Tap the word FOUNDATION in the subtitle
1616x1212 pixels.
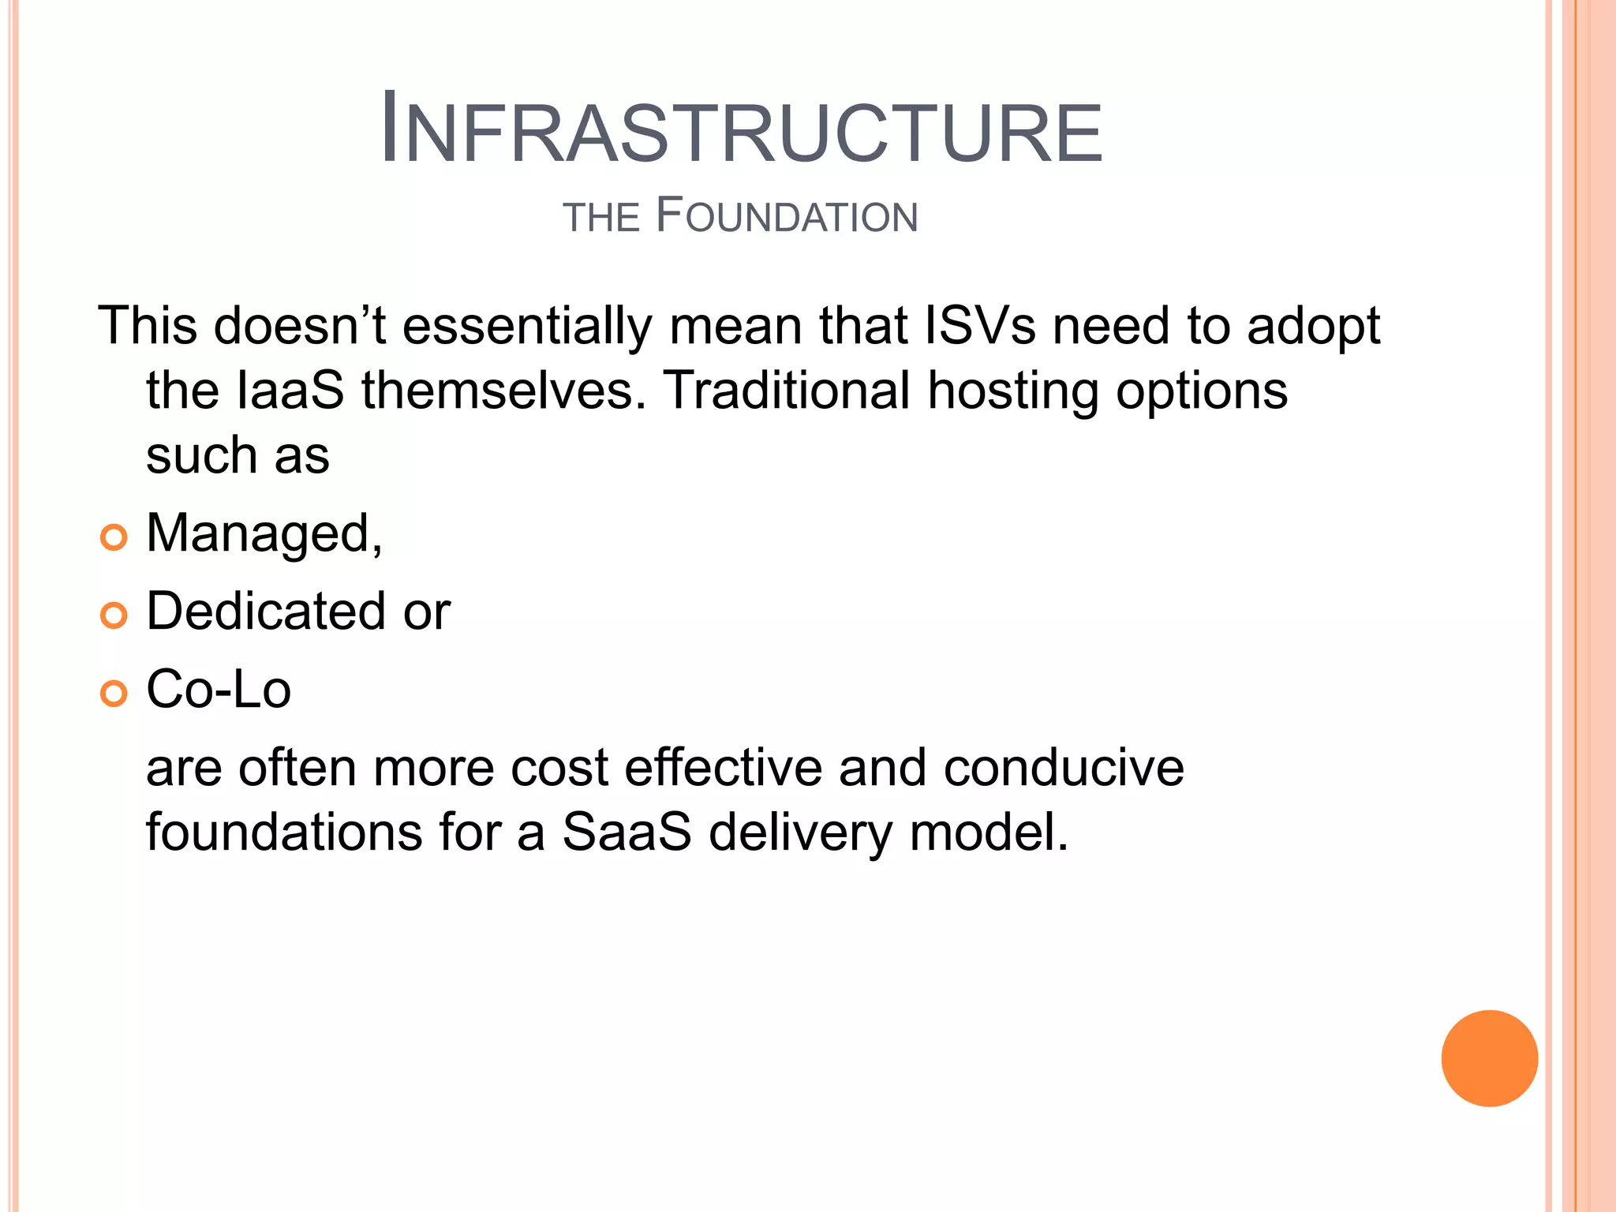787,216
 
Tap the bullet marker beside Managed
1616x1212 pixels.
114,537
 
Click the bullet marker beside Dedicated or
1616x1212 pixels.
114,615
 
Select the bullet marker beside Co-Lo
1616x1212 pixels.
114,694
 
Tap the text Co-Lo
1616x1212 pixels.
219,689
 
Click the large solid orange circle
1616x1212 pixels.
1489,1058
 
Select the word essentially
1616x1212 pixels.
527,327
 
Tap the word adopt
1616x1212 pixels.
1313,327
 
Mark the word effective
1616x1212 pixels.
723,768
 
